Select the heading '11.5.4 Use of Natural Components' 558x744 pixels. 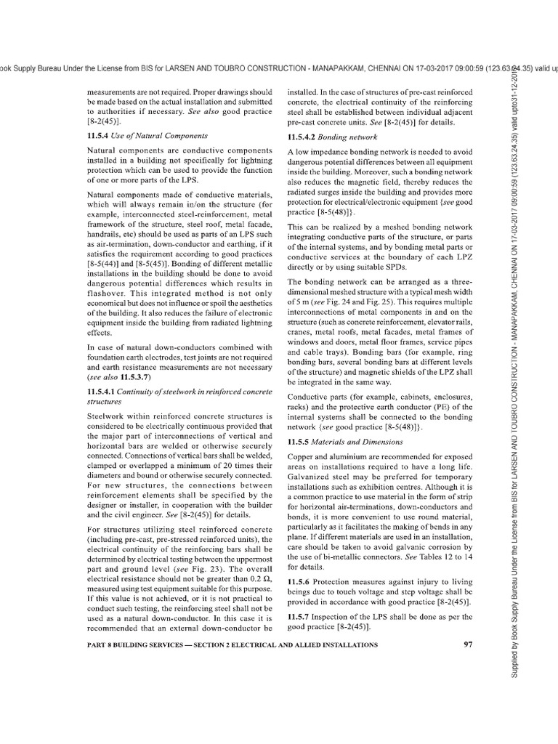point(137,135)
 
